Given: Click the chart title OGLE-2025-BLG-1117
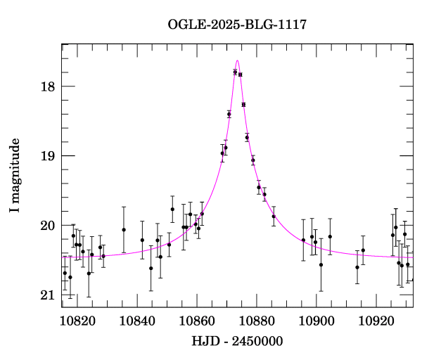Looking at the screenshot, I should tap(237, 25).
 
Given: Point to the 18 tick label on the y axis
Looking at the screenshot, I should tap(48, 87).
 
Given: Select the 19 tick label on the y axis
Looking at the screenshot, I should tap(48, 156).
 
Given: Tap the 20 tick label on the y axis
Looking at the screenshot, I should tap(48, 226).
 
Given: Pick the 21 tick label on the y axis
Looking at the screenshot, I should tap(48, 295).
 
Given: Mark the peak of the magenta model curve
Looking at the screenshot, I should tap(238, 61).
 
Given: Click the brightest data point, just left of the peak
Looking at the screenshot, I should tap(235, 72).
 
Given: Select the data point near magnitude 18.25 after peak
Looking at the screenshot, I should tap(243, 104).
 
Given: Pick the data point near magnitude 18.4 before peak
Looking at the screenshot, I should tap(229, 114).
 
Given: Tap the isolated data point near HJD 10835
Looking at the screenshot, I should tap(124, 230).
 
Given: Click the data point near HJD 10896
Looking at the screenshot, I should tap(303, 240).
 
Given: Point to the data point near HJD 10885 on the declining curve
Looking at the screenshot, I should tap(274, 216).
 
